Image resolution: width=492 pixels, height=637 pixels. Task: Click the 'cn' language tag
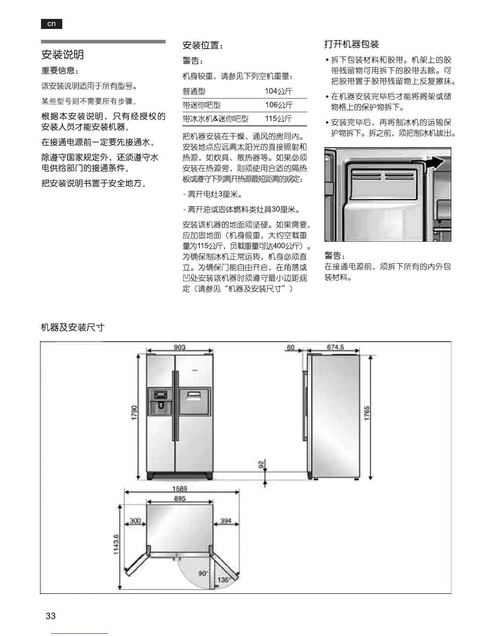click(x=51, y=24)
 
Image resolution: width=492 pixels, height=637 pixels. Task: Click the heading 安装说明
click(x=63, y=55)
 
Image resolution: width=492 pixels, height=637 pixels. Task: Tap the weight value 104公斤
click(x=279, y=91)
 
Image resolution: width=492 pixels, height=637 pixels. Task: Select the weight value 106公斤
click(x=279, y=105)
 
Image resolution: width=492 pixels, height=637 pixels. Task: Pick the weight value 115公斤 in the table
click(x=279, y=119)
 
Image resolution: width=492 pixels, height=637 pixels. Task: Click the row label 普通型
click(x=194, y=91)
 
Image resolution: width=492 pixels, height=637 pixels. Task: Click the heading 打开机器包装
click(x=351, y=44)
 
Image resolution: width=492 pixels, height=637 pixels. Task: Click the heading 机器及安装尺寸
click(x=73, y=327)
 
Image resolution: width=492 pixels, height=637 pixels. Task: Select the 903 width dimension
click(x=180, y=347)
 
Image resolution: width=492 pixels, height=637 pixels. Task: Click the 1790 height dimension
click(x=135, y=413)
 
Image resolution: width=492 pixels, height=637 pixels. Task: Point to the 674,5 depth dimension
click(x=335, y=347)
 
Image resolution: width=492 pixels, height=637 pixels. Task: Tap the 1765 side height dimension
click(x=367, y=413)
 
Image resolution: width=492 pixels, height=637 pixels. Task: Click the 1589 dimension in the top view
click(x=180, y=489)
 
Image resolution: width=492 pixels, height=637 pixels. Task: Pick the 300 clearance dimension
click(x=135, y=521)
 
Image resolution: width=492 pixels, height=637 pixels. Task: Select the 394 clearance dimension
click(x=226, y=521)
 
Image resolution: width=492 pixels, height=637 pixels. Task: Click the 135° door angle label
click(x=223, y=580)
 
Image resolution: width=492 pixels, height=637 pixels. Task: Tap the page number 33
click(x=51, y=616)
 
